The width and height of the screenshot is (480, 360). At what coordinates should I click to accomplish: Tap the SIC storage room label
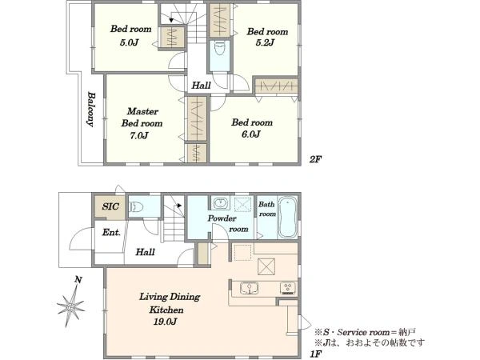(x=110, y=206)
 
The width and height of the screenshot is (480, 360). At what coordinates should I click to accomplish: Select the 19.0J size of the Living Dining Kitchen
(x=165, y=322)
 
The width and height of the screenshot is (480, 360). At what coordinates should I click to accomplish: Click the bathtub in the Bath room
(x=287, y=218)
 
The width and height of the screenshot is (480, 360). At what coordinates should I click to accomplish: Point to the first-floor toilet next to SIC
(x=136, y=207)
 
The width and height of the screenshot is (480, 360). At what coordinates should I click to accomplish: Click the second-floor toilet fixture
(x=219, y=49)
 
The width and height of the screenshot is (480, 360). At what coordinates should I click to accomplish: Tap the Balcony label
(x=90, y=109)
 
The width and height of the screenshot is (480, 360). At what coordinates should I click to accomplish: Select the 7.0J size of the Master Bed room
(x=139, y=135)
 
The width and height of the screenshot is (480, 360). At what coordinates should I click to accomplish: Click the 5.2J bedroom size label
(x=265, y=42)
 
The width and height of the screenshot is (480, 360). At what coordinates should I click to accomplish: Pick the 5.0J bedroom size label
(x=129, y=42)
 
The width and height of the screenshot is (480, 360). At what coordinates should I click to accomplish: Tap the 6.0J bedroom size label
(x=251, y=134)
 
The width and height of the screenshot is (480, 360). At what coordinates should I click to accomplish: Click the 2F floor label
(x=315, y=159)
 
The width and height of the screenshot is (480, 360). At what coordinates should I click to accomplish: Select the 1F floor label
(x=316, y=354)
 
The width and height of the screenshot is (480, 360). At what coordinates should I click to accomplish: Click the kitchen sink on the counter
(x=249, y=288)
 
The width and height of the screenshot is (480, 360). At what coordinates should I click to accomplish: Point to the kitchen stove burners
(x=288, y=288)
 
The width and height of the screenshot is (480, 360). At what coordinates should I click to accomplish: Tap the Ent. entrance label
(x=111, y=232)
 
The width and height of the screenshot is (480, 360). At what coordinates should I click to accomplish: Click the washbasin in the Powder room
(x=221, y=203)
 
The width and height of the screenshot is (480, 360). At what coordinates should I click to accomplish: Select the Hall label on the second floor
(x=201, y=86)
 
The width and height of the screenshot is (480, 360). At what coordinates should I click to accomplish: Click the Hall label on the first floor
(x=145, y=252)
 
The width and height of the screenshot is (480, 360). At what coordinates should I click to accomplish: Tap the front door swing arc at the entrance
(x=77, y=236)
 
